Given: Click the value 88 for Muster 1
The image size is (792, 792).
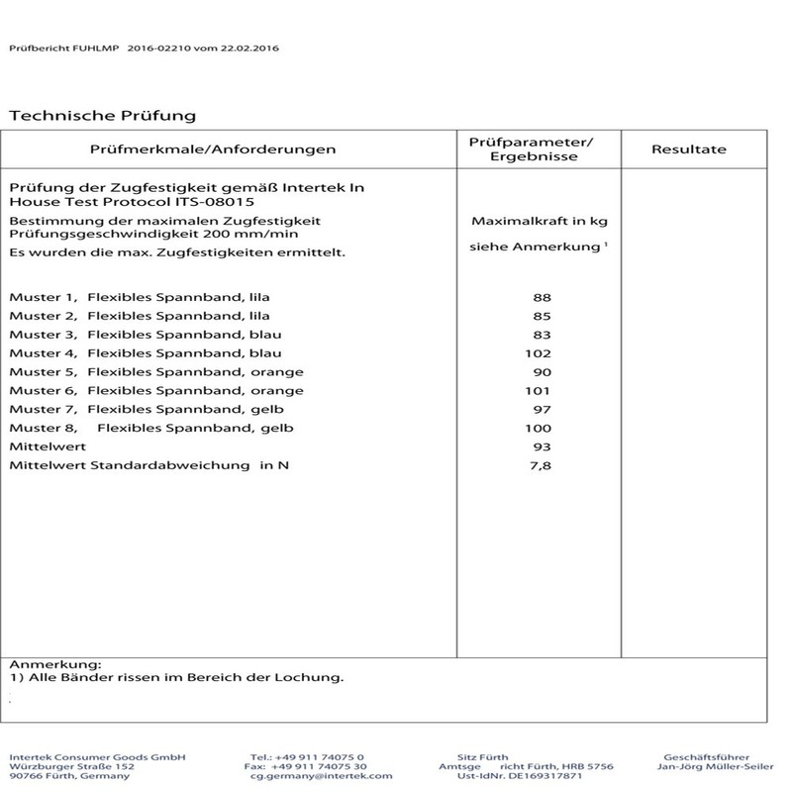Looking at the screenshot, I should (541, 297).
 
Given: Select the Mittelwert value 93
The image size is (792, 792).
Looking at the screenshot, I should (541, 446).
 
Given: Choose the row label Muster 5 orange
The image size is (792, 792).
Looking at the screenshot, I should (156, 372).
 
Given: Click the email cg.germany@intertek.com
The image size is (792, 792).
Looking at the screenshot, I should (322, 778).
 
